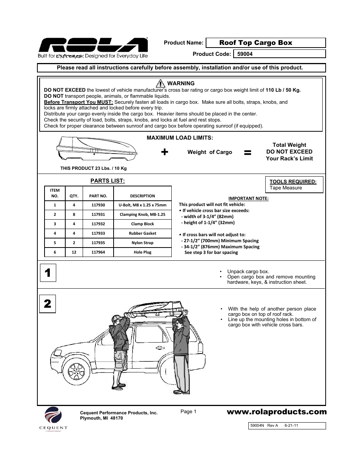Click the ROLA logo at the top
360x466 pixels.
(x=92, y=46)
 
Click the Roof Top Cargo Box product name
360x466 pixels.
(x=255, y=43)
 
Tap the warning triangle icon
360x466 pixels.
(x=160, y=83)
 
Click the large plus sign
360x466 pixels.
(x=165, y=152)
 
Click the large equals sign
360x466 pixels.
(x=248, y=152)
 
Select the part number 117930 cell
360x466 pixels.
(x=98, y=205)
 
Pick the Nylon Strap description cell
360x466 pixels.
(x=142, y=243)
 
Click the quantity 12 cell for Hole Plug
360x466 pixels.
(x=74, y=252)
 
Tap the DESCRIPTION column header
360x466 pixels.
(x=142, y=196)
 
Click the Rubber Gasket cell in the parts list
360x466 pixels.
(x=142, y=234)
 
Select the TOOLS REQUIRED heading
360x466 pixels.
(x=293, y=181)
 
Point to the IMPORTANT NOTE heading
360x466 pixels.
(x=248, y=198)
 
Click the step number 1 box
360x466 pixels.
(x=48, y=273)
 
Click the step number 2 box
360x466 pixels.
(x=48, y=304)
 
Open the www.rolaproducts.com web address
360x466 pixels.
(x=277, y=412)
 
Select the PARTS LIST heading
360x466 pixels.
(x=107, y=181)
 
